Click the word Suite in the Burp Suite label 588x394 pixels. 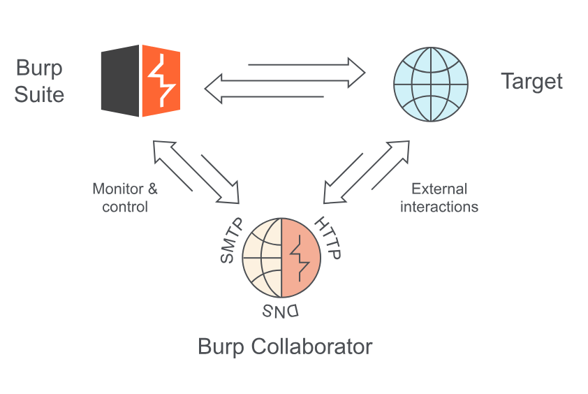pyautogui.click(x=39, y=94)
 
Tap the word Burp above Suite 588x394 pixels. pyautogui.click(x=39, y=68)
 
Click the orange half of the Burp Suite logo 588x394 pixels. pyautogui.click(x=161, y=80)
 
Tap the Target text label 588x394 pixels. pyautogui.click(x=531, y=81)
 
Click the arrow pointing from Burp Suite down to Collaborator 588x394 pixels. pyautogui.click(x=220, y=178)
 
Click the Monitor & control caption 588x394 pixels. pyautogui.click(x=125, y=198)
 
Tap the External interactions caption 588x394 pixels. pyautogui.click(x=439, y=198)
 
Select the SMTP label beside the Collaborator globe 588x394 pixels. pyautogui.click(x=230, y=241)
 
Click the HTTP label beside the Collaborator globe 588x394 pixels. pyautogui.click(x=327, y=238)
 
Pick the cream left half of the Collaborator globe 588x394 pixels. pyautogui.click(x=262, y=259)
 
